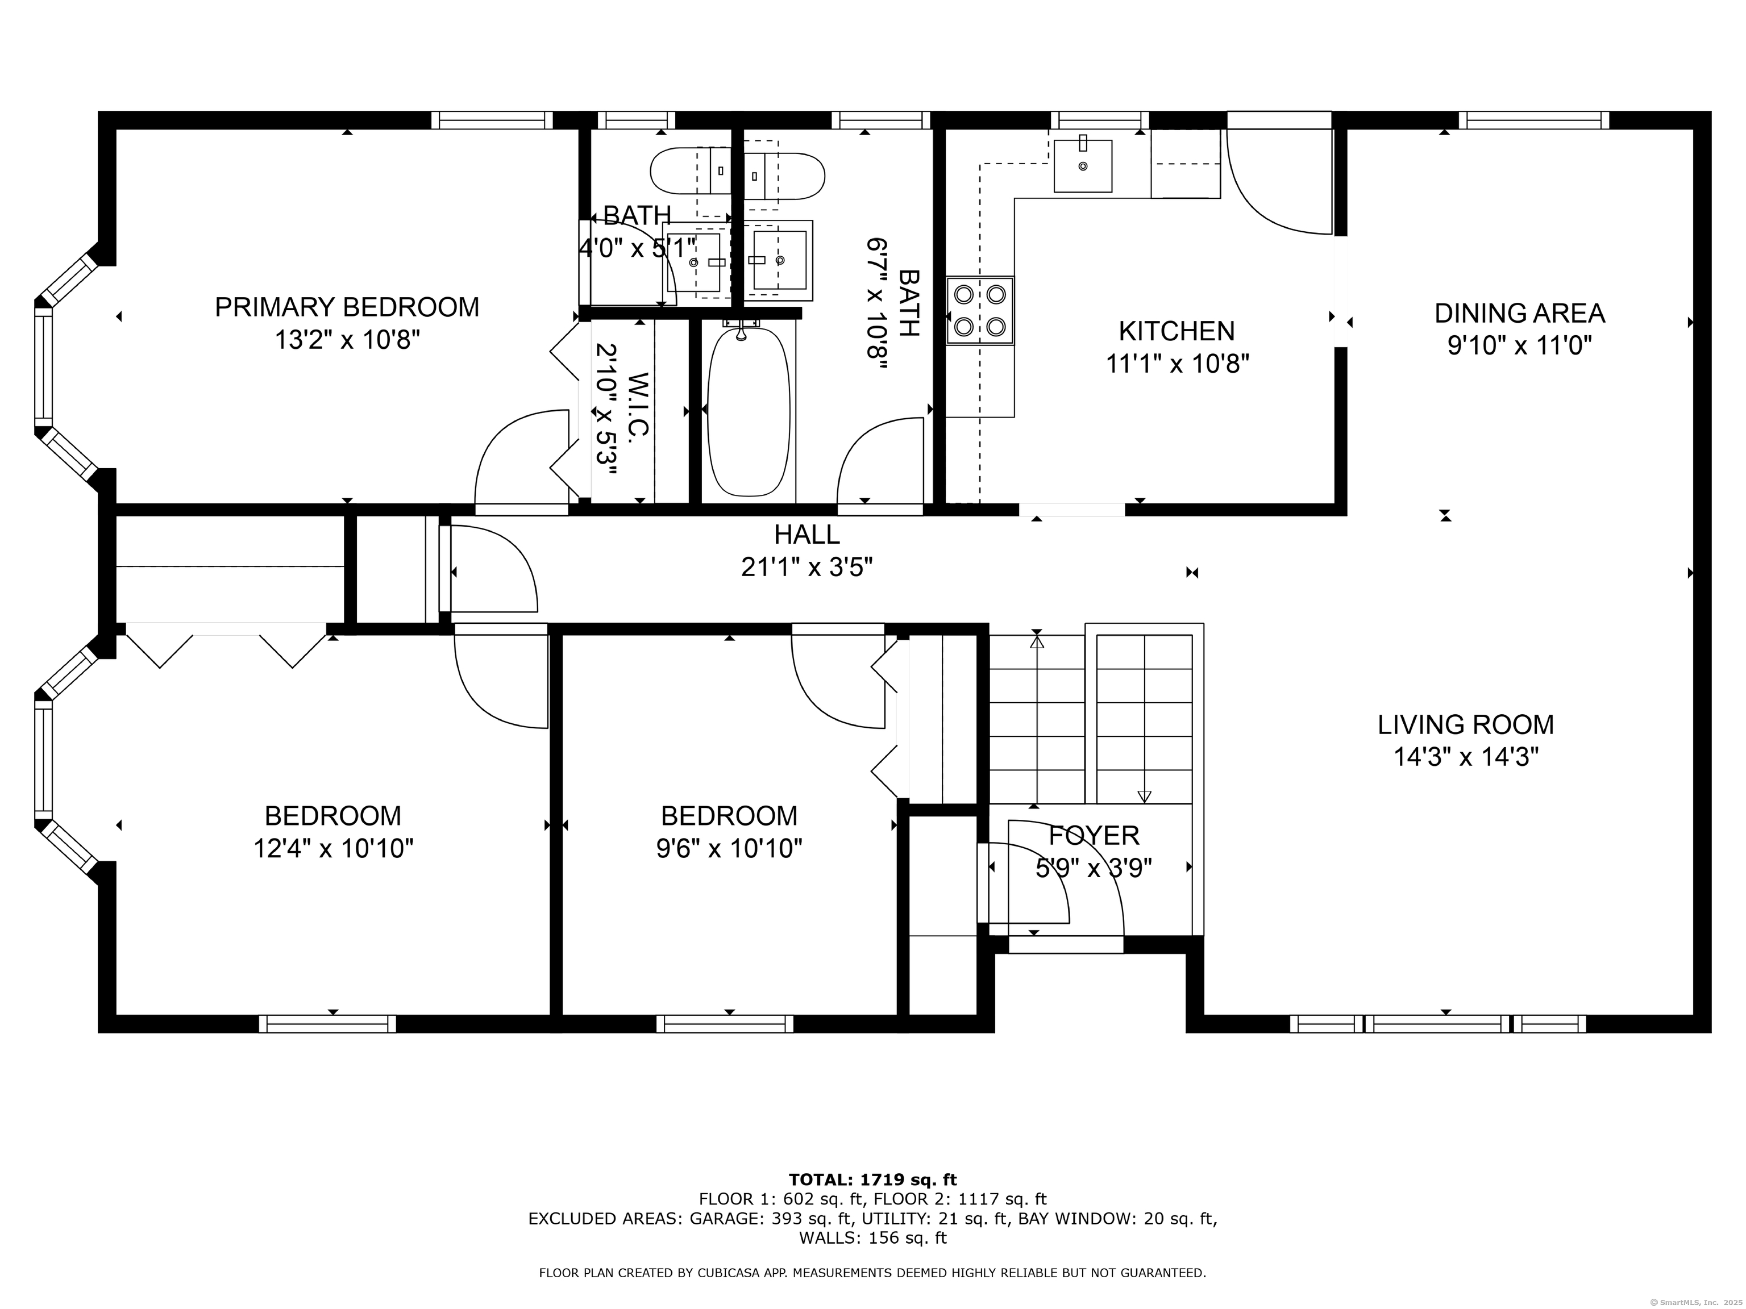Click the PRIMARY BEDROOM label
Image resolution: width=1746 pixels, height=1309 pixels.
[x=347, y=307]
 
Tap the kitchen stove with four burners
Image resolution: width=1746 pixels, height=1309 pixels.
[x=979, y=310]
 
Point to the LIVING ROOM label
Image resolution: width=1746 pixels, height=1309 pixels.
[x=1466, y=724]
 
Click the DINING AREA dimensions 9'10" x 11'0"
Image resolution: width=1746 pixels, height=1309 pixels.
[x=1519, y=345]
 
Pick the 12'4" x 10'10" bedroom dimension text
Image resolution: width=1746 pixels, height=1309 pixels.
[x=333, y=849]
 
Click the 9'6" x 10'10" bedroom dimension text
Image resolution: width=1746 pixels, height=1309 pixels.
[x=729, y=849]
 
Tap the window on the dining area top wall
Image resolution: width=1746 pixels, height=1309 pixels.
[x=1533, y=120]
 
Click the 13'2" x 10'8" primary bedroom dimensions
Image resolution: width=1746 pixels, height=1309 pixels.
[x=347, y=340]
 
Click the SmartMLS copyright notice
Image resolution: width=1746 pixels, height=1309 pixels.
[x=1697, y=1301]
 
